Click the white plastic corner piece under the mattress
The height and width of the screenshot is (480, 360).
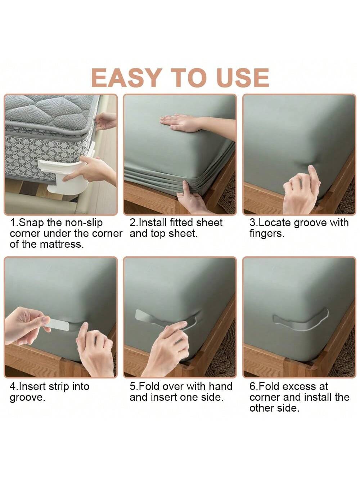(x=66, y=175)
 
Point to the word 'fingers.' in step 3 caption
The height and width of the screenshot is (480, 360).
(x=267, y=234)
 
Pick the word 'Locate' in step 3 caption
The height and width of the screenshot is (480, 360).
(x=275, y=223)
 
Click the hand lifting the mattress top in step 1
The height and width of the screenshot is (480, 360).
(x=105, y=121)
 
